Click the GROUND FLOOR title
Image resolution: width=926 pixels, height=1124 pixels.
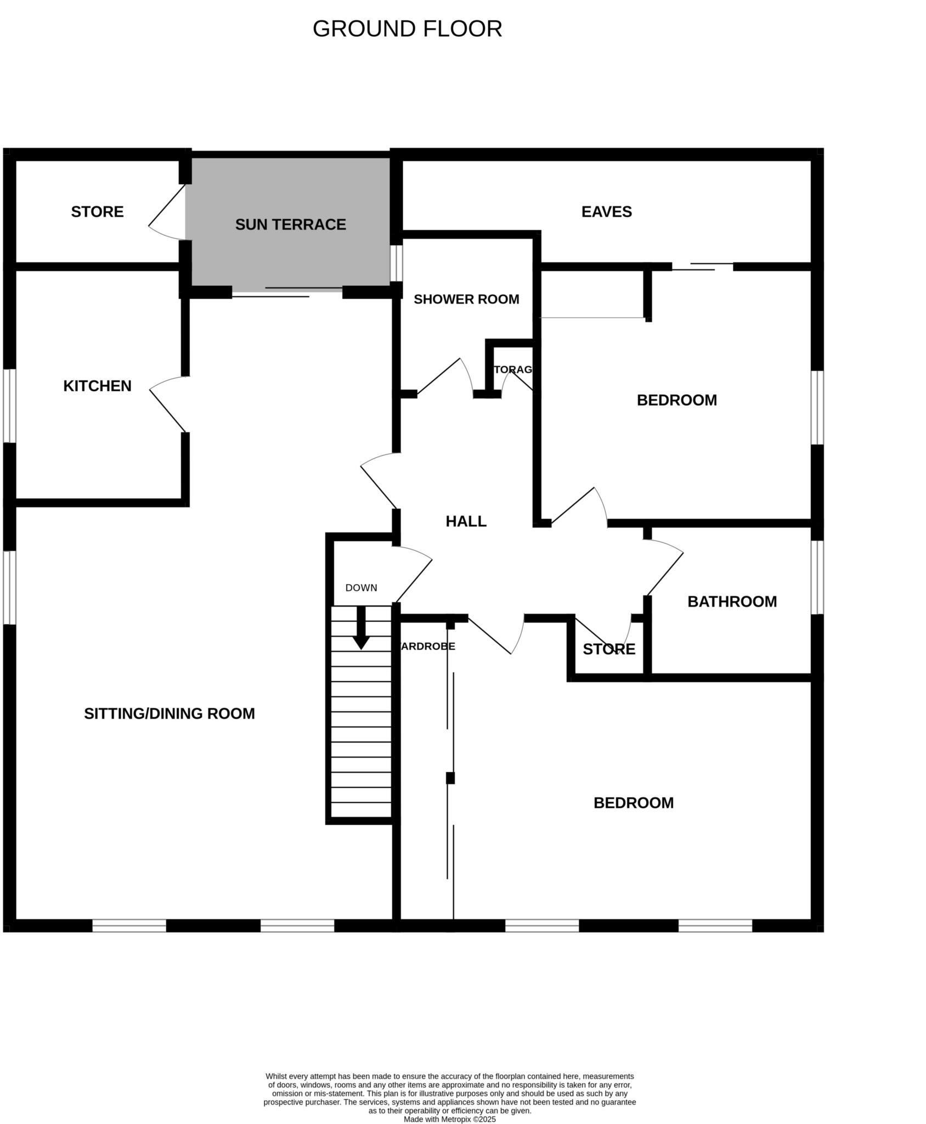coord(407,29)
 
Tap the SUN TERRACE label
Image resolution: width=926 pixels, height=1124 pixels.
coord(290,224)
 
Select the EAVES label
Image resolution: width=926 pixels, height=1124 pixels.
coord(606,212)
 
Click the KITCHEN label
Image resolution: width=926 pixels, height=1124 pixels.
coord(97,386)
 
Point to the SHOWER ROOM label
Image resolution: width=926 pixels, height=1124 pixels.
coord(466,299)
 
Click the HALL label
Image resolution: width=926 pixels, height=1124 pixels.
coord(466,521)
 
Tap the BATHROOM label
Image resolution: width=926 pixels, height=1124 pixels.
coord(732,602)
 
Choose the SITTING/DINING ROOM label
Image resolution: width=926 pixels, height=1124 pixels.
coord(169,713)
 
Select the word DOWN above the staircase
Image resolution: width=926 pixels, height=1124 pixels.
coord(361,588)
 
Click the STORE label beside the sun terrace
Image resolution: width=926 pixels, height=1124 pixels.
coord(97,212)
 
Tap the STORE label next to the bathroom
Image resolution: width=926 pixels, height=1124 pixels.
coord(608,649)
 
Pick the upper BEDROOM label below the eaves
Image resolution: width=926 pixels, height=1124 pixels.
coord(676,400)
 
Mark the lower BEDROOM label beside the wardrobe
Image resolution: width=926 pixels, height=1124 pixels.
coord(633,803)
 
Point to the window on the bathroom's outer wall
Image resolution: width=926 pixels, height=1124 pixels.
coord(817,577)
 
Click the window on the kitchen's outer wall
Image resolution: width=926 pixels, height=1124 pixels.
coord(9,406)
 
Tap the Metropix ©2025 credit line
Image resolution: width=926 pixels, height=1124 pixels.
coord(449,1119)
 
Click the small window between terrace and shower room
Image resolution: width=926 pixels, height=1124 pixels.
coord(396,263)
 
